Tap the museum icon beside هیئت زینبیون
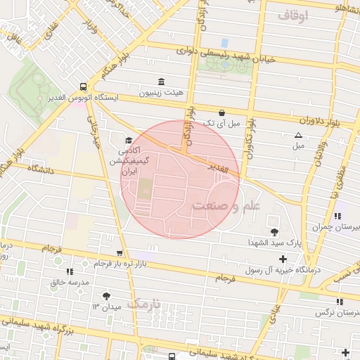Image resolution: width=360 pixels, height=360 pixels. (x=162, y=81)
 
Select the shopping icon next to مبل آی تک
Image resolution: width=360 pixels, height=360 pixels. (x=222, y=112)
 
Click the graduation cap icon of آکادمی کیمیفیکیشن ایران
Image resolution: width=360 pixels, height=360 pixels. (x=128, y=139)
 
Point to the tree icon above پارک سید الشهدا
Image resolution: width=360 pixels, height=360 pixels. (x=274, y=231)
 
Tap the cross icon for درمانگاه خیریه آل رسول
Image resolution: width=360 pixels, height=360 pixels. (x=283, y=259)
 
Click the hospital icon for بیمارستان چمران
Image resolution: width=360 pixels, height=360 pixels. (x=338, y=216)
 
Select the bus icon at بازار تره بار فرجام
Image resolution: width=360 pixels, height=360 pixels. (x=120, y=253)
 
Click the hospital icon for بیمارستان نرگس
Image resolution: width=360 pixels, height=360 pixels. (x=340, y=301)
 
